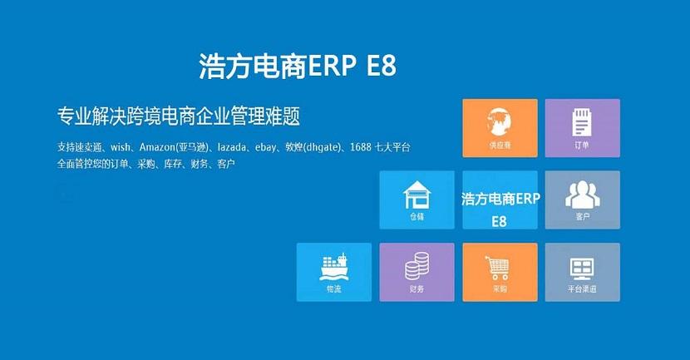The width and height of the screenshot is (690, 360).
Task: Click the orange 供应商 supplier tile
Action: click(500, 128)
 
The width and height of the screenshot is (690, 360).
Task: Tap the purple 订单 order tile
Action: click(582, 128)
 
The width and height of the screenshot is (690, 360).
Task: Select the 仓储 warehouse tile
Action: click(416, 200)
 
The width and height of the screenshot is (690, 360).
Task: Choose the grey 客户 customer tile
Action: click(582, 200)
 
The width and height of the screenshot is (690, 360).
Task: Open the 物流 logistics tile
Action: click(333, 272)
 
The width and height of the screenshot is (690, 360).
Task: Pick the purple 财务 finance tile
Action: click(416, 272)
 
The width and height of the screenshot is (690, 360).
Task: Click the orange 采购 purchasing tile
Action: click(500, 272)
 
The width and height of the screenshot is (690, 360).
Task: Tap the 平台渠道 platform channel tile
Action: click(582, 272)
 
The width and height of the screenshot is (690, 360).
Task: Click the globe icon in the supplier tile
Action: click(500, 121)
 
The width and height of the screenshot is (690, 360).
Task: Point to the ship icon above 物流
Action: click(333, 265)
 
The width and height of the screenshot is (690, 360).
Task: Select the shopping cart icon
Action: click(499, 266)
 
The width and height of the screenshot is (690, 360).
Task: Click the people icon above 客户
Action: click(582, 194)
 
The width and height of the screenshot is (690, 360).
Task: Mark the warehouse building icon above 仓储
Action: click(416, 195)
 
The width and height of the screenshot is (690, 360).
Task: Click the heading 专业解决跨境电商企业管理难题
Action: click(178, 115)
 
